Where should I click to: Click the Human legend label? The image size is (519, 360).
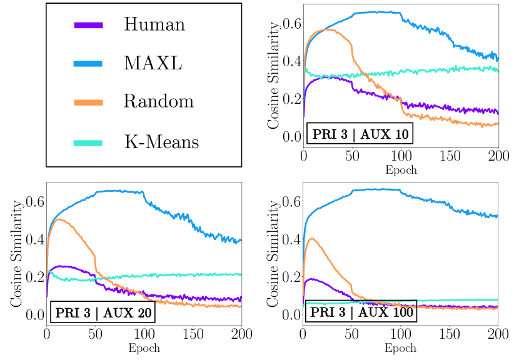pyautogui.click(x=154, y=24)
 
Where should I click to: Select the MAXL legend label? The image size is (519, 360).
pyautogui.click(x=153, y=63)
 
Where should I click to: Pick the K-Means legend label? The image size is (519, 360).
pyautogui.click(x=161, y=141)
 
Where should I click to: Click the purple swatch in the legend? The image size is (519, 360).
pyautogui.click(x=88, y=25)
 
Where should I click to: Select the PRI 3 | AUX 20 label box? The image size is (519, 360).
pyautogui.click(x=103, y=312)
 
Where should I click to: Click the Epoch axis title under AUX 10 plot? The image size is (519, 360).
pyautogui.click(x=401, y=170)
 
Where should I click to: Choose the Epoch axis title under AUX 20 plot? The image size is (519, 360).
pyautogui.click(x=144, y=348)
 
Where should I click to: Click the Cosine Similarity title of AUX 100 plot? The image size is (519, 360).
pyautogui.click(x=273, y=249)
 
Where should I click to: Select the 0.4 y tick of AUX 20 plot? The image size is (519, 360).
pyautogui.click(x=34, y=239)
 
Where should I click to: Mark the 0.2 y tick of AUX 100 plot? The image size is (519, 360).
pyautogui.click(x=291, y=276)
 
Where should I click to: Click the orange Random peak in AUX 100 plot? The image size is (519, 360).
pyautogui.click(x=312, y=238)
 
